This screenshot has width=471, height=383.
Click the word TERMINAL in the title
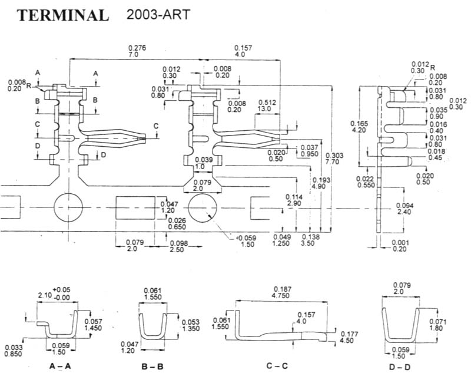pos(63,15)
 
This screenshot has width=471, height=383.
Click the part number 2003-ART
pos(158,14)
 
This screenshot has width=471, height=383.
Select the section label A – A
pos(60,366)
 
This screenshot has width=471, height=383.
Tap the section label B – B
pos(152,367)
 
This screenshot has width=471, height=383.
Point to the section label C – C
pos(277,366)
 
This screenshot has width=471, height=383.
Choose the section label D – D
pos(400,367)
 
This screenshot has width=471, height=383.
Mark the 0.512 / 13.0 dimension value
pos(267,105)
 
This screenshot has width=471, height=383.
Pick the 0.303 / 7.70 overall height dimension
pos(334,159)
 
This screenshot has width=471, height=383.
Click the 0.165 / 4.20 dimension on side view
pos(359,127)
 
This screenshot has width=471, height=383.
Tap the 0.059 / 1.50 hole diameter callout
pos(247,241)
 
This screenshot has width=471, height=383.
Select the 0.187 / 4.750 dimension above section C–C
pos(281,292)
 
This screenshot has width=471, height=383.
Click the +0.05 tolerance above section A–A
pos(62,290)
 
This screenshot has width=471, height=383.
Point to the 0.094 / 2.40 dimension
pos(404,209)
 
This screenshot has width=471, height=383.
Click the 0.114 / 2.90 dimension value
pos(294,200)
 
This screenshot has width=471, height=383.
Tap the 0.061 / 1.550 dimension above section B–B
pos(152,293)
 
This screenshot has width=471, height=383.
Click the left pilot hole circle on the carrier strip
pos(68,207)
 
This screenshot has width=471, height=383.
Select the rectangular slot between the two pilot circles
pos(135,208)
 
